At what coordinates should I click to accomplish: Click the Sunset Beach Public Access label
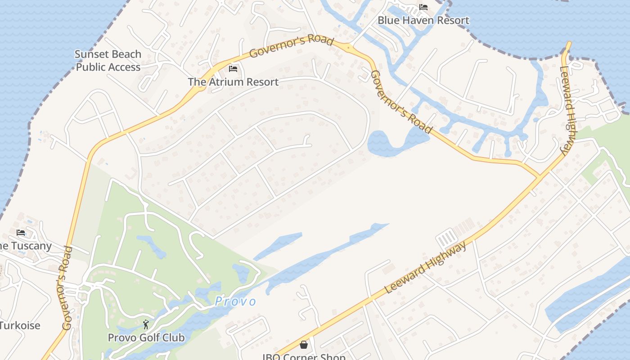point(108,61)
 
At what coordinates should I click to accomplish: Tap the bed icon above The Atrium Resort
point(233,69)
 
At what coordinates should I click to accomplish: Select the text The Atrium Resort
point(233,82)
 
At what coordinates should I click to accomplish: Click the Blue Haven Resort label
point(423,20)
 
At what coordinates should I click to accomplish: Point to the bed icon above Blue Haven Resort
point(423,7)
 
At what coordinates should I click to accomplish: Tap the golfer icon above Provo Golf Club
point(146,324)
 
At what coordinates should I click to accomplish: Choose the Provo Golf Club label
point(146,337)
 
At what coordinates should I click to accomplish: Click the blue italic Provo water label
point(235,301)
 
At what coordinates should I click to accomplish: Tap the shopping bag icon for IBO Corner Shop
point(304,345)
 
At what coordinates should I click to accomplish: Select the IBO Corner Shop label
point(304,356)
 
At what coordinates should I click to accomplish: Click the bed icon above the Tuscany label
point(21,233)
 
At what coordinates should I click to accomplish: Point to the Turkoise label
point(20,325)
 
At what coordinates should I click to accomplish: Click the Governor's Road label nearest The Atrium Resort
point(291,47)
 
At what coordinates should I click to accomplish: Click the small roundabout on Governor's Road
point(347,47)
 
